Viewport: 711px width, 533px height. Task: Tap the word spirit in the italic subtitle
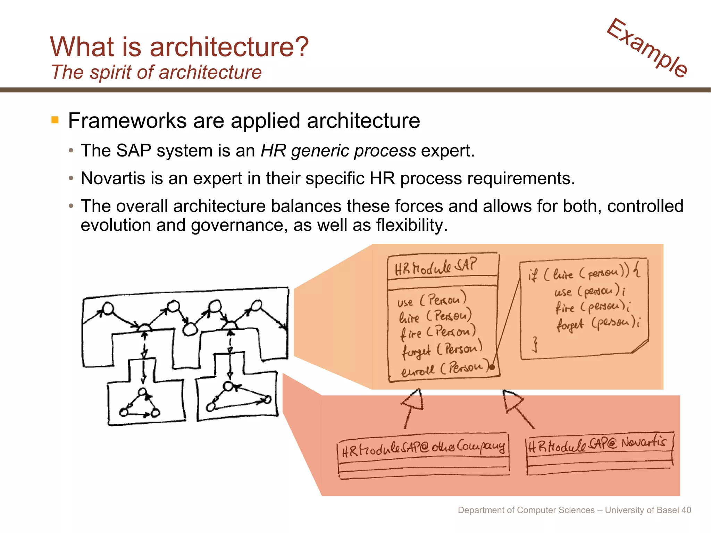[111, 73]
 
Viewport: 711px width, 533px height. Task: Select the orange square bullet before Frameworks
[55, 120]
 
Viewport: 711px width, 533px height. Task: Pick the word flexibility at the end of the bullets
[411, 225]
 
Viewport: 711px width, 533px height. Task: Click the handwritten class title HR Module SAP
[436, 267]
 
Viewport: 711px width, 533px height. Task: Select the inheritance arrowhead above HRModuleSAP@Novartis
[512, 400]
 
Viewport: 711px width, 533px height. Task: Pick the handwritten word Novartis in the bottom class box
[644, 442]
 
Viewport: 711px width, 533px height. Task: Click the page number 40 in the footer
[686, 510]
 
